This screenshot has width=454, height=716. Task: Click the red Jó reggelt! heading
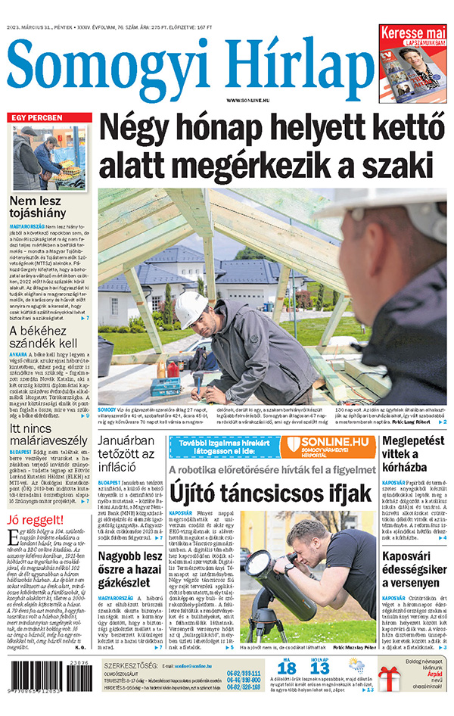(35, 521)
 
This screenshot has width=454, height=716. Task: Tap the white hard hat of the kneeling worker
(191, 307)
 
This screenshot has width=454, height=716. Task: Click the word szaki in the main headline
(393, 165)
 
